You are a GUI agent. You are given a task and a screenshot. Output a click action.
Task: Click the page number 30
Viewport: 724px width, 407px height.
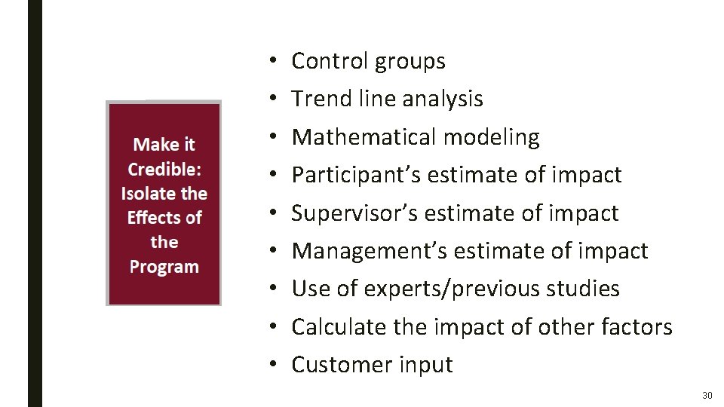pyautogui.click(x=707, y=396)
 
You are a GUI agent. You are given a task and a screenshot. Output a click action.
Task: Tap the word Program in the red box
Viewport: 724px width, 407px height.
pyautogui.click(x=164, y=267)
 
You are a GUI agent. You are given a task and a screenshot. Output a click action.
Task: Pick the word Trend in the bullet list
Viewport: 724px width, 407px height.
pyautogui.click(x=319, y=99)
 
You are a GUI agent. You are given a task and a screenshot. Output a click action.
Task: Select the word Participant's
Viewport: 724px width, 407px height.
pyautogui.click(x=357, y=175)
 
